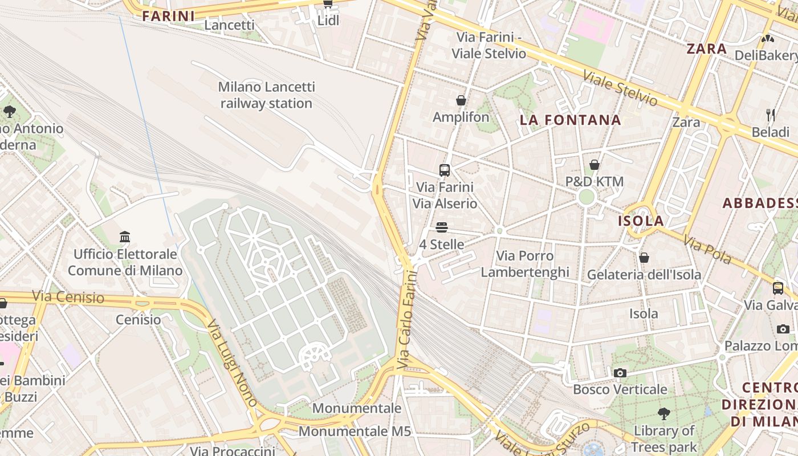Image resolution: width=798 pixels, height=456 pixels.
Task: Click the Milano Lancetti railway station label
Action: (266, 95)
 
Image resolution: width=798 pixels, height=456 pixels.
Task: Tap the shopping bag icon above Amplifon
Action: (461, 101)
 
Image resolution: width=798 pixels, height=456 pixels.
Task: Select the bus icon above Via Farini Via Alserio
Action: (445, 170)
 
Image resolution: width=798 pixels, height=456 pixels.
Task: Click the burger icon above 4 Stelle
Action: (441, 228)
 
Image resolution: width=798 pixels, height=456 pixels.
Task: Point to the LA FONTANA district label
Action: (570, 120)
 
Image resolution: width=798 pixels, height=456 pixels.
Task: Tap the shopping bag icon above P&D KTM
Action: (595, 165)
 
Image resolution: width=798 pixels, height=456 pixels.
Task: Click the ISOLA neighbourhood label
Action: (641, 221)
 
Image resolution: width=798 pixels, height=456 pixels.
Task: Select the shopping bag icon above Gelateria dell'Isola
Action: (644, 258)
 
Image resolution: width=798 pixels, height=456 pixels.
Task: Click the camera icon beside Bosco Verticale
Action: (620, 373)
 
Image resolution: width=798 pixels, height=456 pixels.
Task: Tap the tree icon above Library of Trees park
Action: (663, 413)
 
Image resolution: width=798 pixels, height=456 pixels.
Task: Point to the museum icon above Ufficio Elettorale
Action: (125, 237)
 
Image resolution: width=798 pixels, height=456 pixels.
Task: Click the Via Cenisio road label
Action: (68, 297)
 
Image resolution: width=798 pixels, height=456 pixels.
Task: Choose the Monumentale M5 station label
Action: (355, 431)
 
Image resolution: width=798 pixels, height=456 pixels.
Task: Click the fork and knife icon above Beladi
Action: (771, 115)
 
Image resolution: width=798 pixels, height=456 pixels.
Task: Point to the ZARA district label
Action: (707, 49)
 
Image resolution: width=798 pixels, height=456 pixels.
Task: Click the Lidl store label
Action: (328, 21)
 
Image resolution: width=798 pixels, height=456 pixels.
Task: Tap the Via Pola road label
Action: (707, 250)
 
